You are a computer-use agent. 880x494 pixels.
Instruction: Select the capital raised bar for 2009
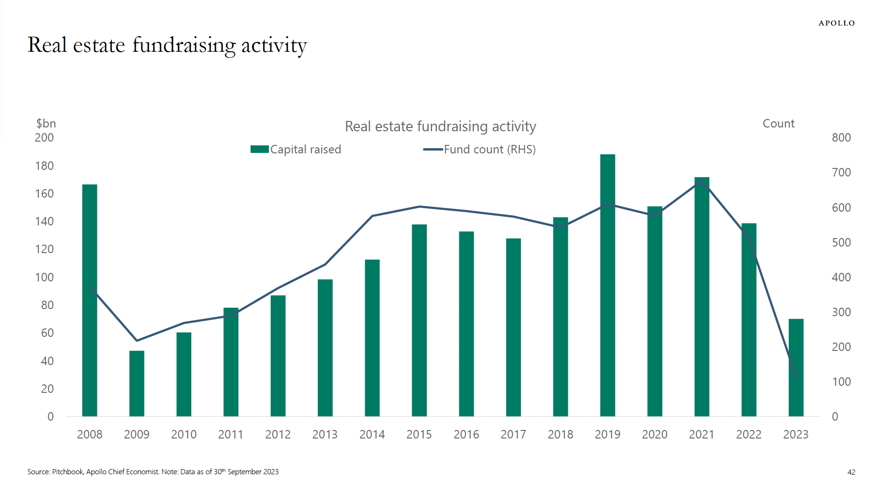[x=137, y=383]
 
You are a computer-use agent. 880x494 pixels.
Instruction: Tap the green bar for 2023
[x=796, y=367]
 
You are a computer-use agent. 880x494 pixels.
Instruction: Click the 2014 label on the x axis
[x=372, y=434]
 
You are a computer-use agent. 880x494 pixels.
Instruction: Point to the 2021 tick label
[x=701, y=434]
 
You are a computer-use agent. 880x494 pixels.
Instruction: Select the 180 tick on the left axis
[x=44, y=166]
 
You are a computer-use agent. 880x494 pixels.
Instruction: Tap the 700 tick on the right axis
[x=841, y=173]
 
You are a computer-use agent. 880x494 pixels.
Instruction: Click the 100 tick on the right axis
[x=841, y=382]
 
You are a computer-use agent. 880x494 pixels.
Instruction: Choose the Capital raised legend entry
[x=296, y=149]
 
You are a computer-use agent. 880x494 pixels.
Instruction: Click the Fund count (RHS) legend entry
[x=480, y=149]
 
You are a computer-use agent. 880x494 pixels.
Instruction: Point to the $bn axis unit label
[x=46, y=123]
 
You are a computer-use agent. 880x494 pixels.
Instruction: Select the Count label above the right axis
[x=778, y=123]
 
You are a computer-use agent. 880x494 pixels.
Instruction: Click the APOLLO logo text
[x=836, y=23]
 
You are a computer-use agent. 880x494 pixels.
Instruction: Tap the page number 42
[x=851, y=472]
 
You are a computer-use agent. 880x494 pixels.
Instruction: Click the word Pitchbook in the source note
[x=68, y=471]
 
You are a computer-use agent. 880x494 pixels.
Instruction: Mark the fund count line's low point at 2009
[x=137, y=340]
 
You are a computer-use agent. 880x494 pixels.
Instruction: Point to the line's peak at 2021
[x=701, y=182]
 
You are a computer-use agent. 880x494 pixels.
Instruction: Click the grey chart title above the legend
[x=440, y=126]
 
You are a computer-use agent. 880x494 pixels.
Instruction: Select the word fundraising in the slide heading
[x=184, y=45]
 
